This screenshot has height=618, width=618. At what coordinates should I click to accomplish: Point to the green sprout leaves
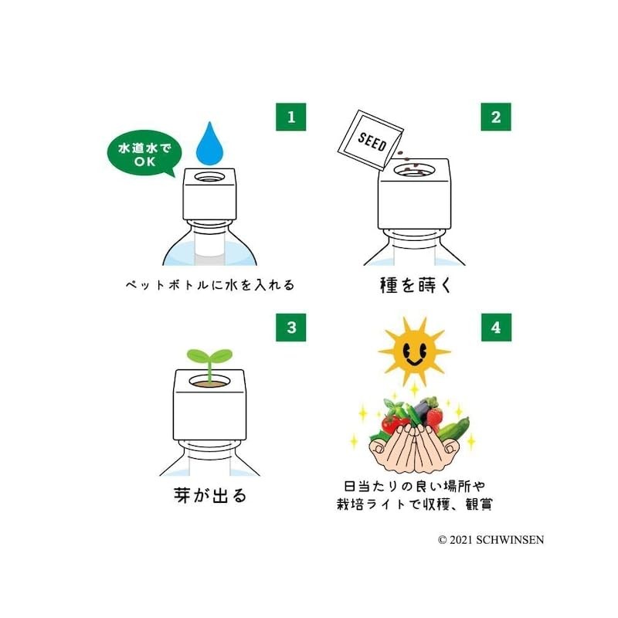click(210, 357)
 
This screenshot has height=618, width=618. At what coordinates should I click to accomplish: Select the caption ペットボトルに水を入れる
click(210, 285)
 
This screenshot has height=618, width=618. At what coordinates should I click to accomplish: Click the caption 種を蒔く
click(414, 285)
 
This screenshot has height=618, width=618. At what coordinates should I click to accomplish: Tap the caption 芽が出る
click(210, 495)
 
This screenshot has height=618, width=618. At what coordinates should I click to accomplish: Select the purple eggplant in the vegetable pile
click(424, 409)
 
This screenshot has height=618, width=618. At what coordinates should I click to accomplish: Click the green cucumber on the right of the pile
click(456, 430)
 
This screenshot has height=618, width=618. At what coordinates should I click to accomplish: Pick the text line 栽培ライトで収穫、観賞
click(414, 504)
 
